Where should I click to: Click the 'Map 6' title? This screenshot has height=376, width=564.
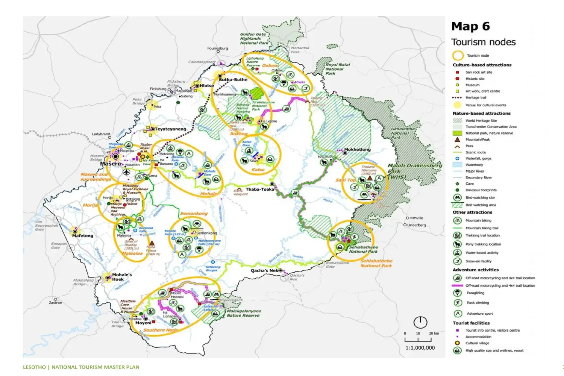470,26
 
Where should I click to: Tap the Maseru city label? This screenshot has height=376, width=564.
111,164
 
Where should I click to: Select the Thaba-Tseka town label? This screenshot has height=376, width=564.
260,190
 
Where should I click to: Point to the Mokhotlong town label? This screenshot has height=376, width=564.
357,150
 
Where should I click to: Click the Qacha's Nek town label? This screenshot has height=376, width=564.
264,270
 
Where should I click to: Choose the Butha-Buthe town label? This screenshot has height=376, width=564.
233,80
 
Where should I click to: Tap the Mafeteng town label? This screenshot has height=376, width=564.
82,236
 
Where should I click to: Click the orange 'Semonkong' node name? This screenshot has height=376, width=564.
194,214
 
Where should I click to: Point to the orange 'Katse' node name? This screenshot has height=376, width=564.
258,170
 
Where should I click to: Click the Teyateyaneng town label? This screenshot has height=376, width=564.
171,129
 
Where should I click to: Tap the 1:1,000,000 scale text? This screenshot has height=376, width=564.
420,348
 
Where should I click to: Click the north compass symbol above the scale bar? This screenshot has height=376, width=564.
420,322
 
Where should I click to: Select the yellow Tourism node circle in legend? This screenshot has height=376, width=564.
458,56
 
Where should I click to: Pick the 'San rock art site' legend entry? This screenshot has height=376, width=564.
478,72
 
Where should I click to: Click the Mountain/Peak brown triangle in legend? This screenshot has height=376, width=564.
457,139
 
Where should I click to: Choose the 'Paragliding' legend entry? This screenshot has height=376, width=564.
475,293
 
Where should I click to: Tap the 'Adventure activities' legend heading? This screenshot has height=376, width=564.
475,270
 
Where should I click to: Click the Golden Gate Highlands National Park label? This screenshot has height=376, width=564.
254,39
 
